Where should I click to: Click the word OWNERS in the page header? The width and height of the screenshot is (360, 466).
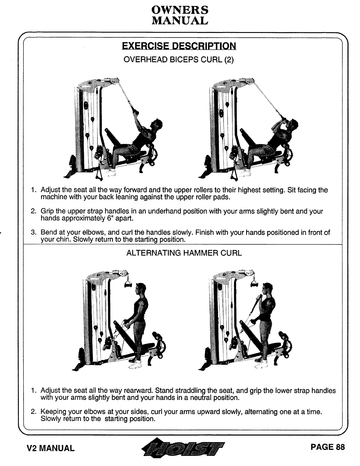180,10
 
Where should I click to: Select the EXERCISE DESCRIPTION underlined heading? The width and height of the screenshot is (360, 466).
179,46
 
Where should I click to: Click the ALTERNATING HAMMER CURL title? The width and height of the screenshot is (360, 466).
184,253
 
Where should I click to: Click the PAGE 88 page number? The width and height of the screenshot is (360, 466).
327,447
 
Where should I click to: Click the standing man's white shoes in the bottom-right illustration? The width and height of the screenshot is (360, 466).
261,365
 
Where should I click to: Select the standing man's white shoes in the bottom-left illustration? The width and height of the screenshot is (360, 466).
135,365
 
